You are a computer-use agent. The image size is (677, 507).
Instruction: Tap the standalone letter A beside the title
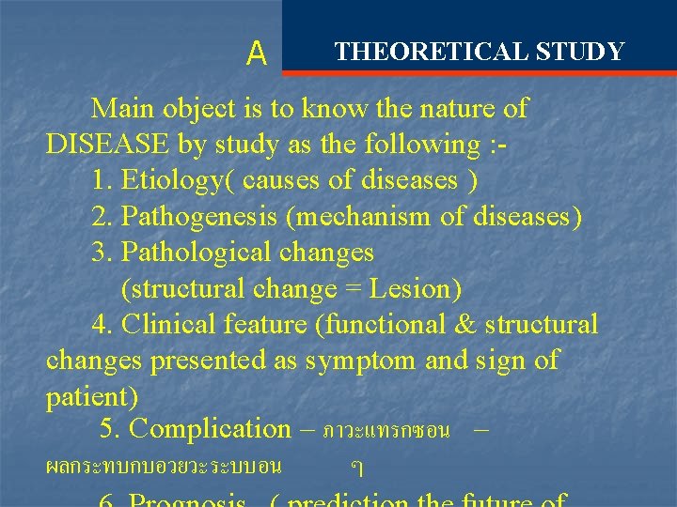256,54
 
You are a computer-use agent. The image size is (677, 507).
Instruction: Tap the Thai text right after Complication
386,432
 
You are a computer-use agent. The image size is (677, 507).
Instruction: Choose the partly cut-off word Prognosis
187,499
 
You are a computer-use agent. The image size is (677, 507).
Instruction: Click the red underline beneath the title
479,71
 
